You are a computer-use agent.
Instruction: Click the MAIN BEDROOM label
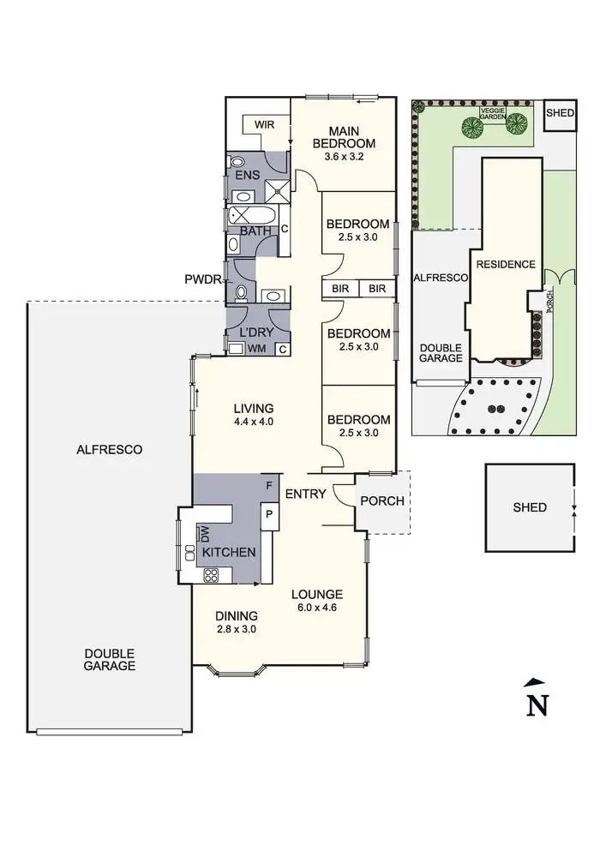click(x=344, y=136)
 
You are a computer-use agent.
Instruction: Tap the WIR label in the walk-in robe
click(x=262, y=125)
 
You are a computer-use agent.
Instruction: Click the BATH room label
click(x=255, y=231)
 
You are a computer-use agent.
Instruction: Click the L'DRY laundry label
click(x=256, y=333)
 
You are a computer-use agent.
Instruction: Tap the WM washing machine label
click(x=256, y=349)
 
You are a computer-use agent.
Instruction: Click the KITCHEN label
click(x=229, y=552)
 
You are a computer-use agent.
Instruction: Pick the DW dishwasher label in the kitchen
click(x=206, y=534)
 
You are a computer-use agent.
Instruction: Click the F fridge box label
click(x=268, y=486)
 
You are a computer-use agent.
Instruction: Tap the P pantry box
click(x=268, y=514)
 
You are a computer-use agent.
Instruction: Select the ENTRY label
click(x=303, y=494)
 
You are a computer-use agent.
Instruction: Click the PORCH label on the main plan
click(x=382, y=500)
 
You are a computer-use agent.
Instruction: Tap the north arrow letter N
click(x=537, y=704)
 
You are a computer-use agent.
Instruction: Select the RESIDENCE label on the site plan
click(x=506, y=265)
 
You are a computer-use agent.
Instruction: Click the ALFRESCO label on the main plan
click(x=109, y=449)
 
